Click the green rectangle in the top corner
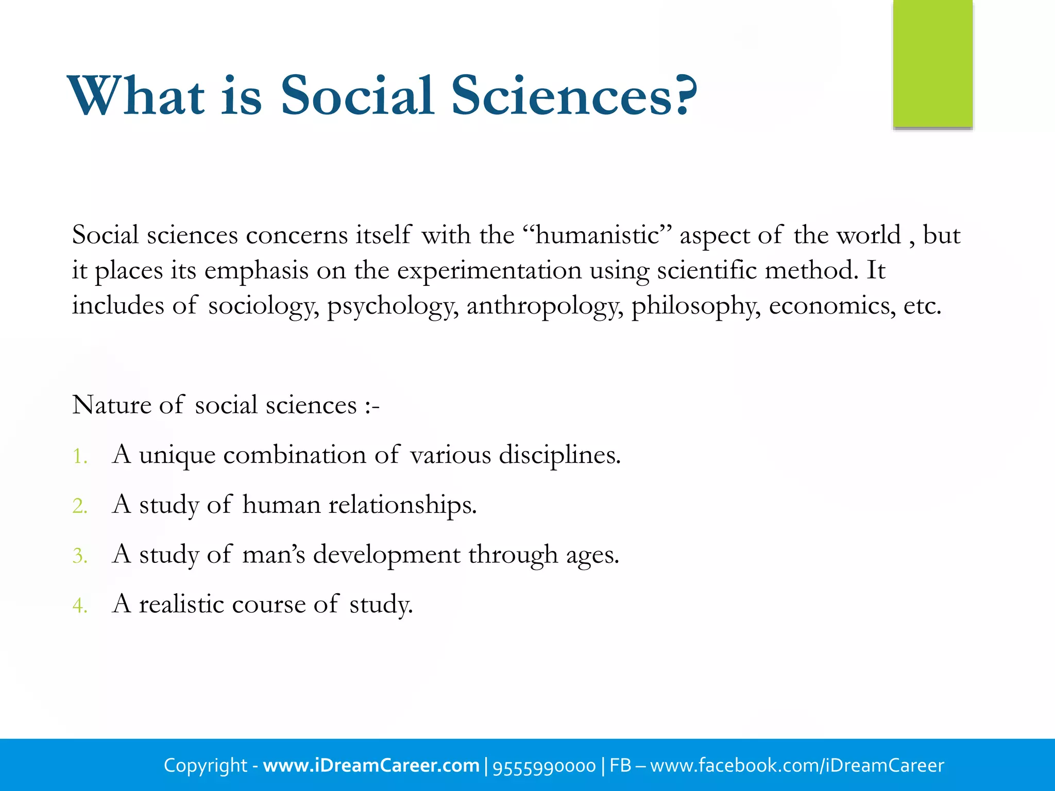(932, 64)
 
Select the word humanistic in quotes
(598, 235)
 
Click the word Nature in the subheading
(111, 405)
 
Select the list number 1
(79, 456)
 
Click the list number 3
(79, 556)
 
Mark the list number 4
(79, 606)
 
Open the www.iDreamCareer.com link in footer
(371, 765)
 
